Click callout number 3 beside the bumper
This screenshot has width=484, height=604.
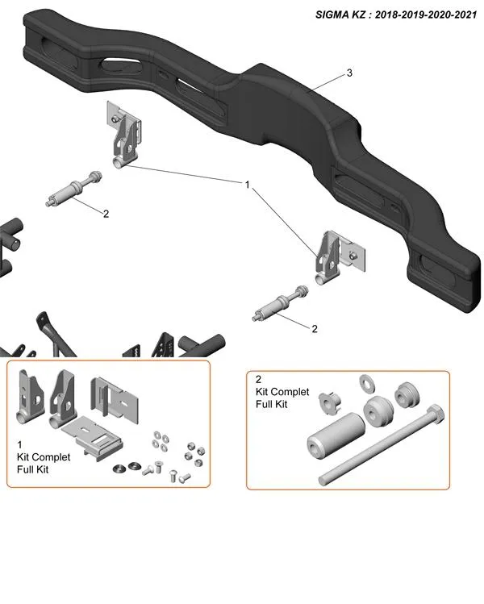click(348, 73)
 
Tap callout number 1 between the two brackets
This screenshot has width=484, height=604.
click(248, 185)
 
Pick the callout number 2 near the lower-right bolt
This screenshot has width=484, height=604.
click(314, 329)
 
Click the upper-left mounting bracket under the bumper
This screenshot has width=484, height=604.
click(125, 135)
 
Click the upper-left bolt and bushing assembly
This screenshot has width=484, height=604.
click(73, 191)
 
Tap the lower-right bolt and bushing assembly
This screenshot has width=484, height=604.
click(278, 306)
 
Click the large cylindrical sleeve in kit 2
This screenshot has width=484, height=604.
click(331, 448)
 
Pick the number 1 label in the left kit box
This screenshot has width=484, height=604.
click(19, 444)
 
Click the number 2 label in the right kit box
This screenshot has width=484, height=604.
click(257, 378)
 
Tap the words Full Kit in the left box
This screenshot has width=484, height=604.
click(32, 469)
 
